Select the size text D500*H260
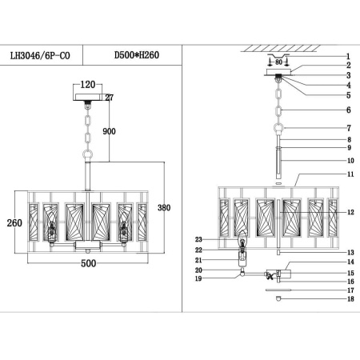click(138, 58)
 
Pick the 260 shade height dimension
click(14, 223)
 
